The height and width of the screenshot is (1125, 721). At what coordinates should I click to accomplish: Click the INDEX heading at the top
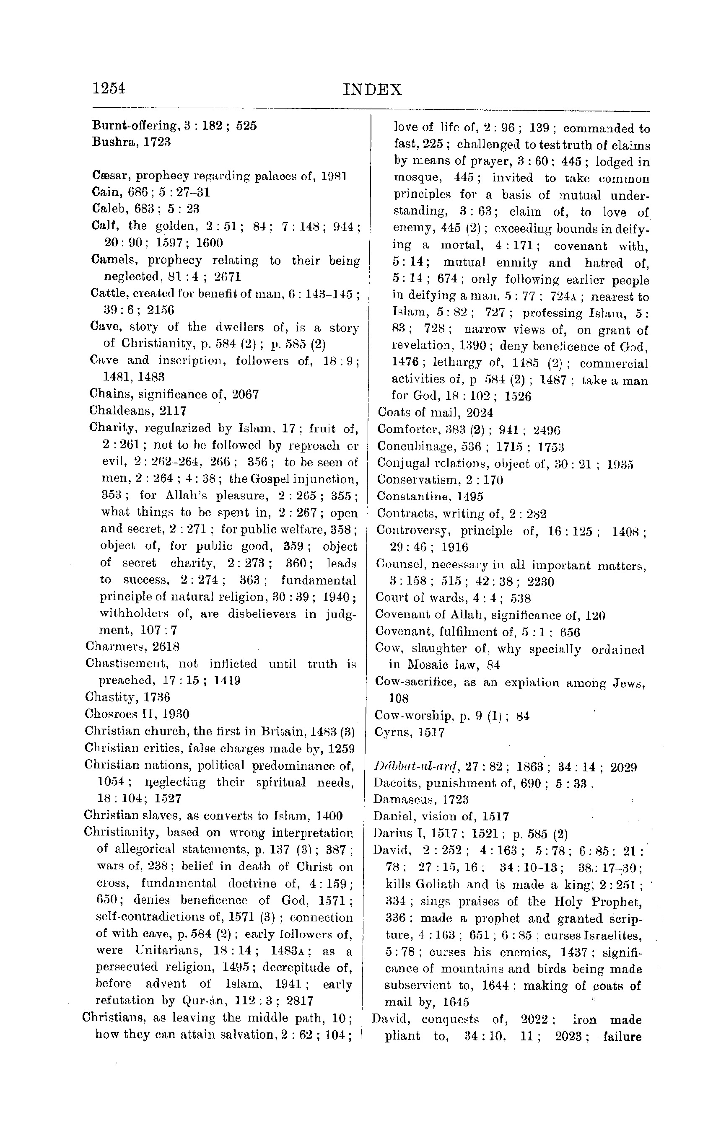372,89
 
